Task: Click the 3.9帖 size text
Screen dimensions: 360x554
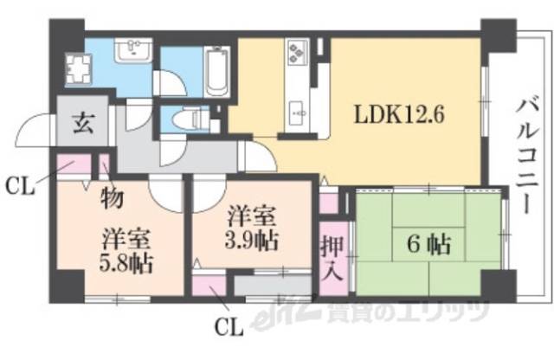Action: coord(254,240)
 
